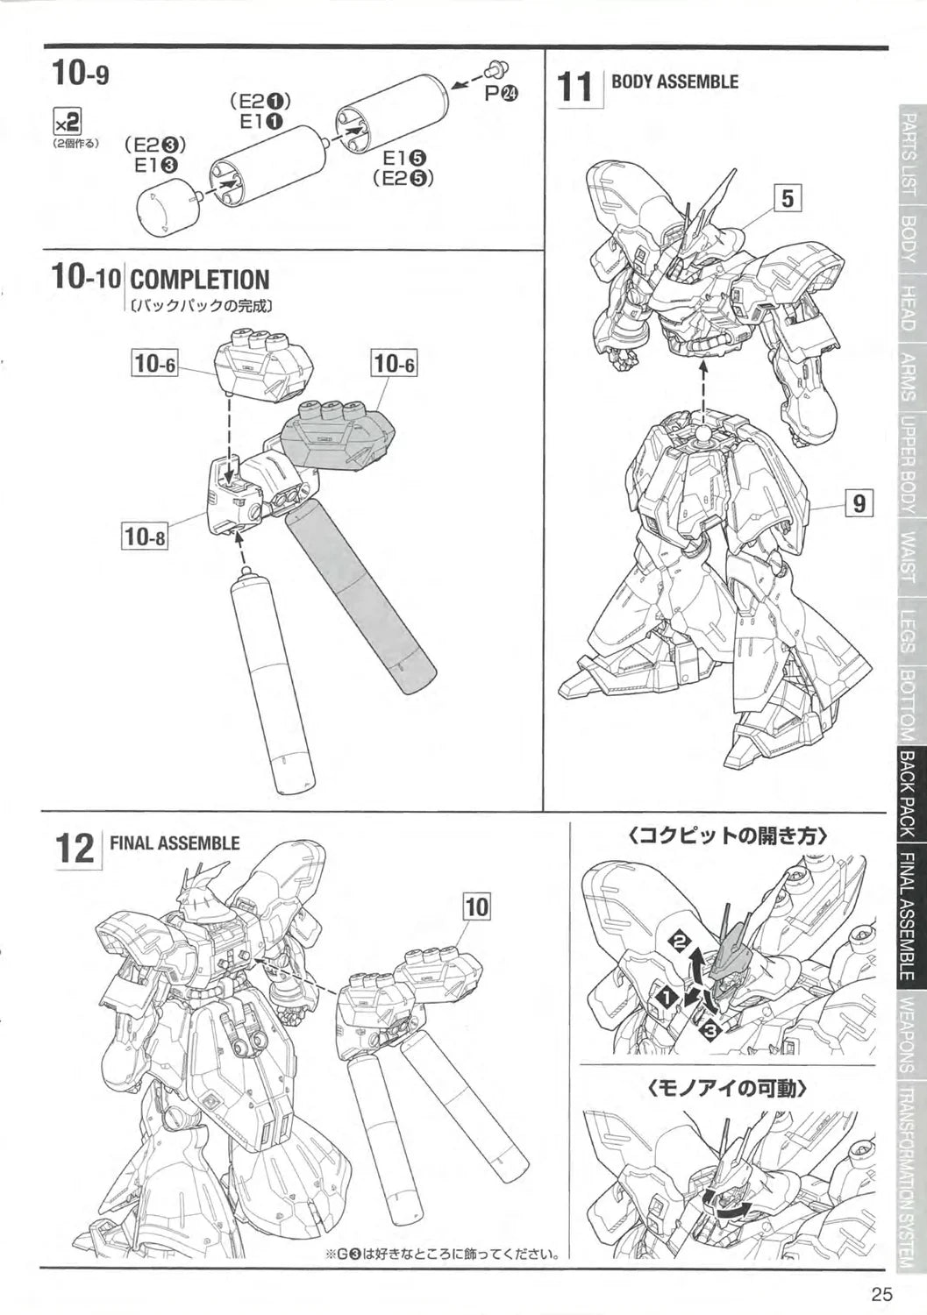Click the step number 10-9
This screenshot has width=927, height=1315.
[81, 71]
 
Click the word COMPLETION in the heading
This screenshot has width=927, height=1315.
[199, 281]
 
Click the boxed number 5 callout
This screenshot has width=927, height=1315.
[788, 198]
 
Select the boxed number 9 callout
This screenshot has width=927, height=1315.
[859, 503]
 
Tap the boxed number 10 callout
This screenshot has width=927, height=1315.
[476, 907]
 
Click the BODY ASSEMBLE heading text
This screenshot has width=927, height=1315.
[674, 82]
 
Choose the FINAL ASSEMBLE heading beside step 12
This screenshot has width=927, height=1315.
[174, 843]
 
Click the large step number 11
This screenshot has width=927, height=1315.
[575, 88]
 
